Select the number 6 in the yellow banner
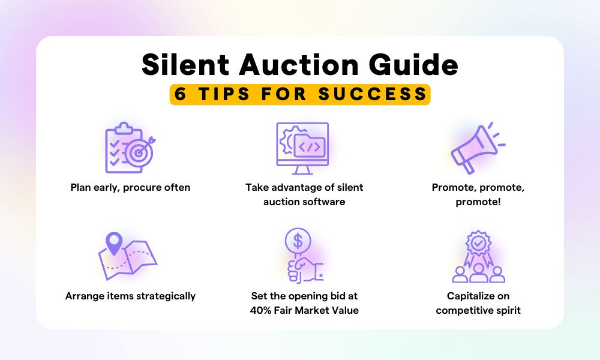178,94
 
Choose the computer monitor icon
302,144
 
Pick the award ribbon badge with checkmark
478,244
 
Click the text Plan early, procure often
130,187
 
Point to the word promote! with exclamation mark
478,202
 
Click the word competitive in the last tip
465,310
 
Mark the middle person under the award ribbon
478,273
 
